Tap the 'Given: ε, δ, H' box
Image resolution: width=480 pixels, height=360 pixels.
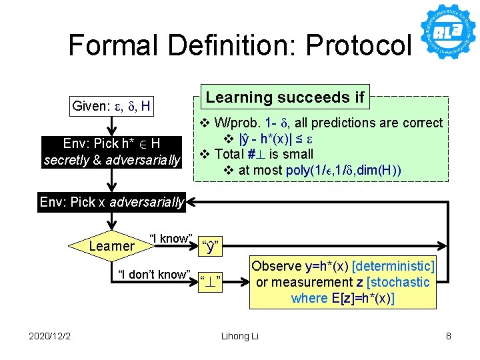[x=111, y=105]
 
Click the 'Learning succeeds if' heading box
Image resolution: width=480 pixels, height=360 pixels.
[x=285, y=97]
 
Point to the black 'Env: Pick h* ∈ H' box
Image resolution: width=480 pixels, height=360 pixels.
[x=111, y=151]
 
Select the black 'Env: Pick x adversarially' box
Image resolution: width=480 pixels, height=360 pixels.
[x=111, y=202]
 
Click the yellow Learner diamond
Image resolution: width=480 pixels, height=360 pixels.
[x=111, y=246]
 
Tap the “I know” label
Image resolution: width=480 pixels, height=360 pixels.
[x=171, y=239]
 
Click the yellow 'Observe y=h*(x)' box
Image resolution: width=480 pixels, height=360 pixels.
[x=343, y=282]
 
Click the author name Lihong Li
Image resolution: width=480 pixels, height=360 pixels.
[x=239, y=336]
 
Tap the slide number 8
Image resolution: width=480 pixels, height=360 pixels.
[x=448, y=336]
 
